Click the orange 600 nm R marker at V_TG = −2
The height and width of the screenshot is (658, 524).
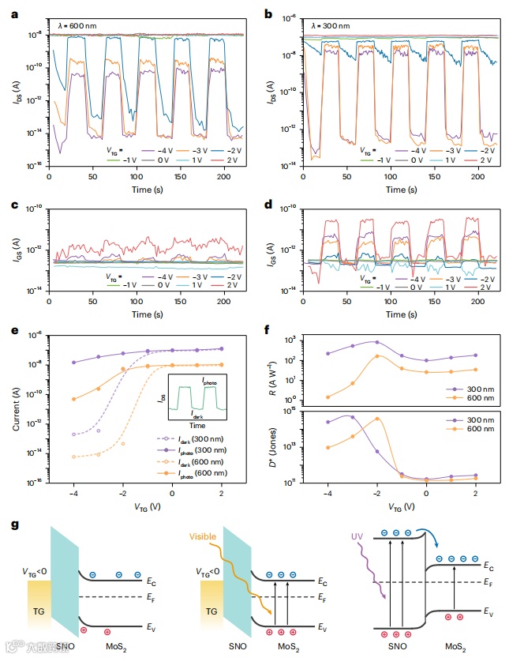pyautogui.click(x=377, y=356)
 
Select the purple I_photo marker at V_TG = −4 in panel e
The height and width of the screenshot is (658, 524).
pyautogui.click(x=73, y=363)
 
